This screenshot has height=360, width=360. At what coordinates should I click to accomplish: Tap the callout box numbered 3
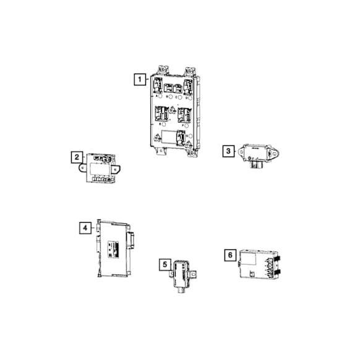coord(228,151)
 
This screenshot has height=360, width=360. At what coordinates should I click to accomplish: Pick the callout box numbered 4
coord(84,228)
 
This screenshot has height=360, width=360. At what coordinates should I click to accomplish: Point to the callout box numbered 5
coord(165,265)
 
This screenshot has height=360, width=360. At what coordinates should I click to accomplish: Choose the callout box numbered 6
coord(229,255)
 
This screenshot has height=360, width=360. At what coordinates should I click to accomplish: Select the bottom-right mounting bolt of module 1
coord(188,147)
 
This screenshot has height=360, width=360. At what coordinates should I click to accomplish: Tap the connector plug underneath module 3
coord(255,165)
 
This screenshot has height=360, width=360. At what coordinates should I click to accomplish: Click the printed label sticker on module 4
coord(113,249)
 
